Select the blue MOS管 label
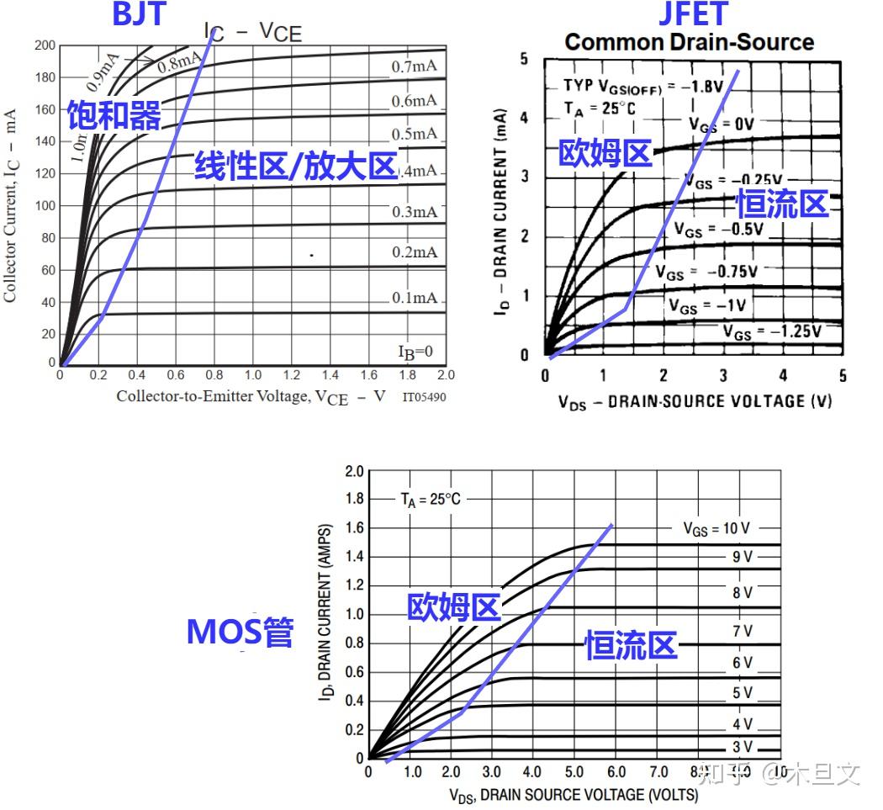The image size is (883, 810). click(x=240, y=631)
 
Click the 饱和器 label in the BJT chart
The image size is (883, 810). click(x=114, y=116)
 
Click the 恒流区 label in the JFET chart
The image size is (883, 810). click(x=782, y=204)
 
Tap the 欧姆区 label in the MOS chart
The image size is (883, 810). click(x=454, y=607)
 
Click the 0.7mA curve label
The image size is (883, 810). click(x=415, y=66)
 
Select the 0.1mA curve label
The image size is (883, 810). click(x=415, y=298)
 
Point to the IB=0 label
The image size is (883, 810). click(x=415, y=351)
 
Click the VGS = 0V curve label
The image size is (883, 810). click(x=722, y=124)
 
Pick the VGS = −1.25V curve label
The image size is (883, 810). click(x=772, y=331)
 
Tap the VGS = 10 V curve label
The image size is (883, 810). click(x=716, y=528)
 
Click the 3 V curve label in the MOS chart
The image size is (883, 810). click(x=742, y=747)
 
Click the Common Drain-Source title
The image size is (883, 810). click(x=689, y=42)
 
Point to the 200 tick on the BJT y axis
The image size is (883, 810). click(x=45, y=45)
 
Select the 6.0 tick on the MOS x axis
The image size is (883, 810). click(x=616, y=772)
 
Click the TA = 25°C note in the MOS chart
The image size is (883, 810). click(x=430, y=499)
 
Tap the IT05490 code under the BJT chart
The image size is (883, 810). click(x=424, y=396)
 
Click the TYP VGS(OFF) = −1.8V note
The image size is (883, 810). click(x=631, y=87)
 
